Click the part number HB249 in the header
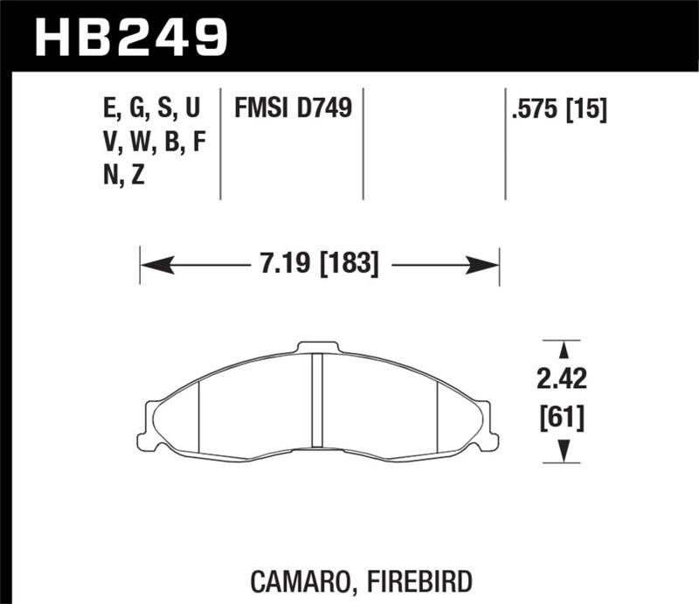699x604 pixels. coord(131,37)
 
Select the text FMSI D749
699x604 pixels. coord(292,108)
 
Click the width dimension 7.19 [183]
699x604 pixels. coord(317,264)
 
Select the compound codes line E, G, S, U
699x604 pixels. coord(151,108)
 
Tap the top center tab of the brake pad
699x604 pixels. coord(318,347)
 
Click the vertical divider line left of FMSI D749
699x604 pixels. coord(219,144)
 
